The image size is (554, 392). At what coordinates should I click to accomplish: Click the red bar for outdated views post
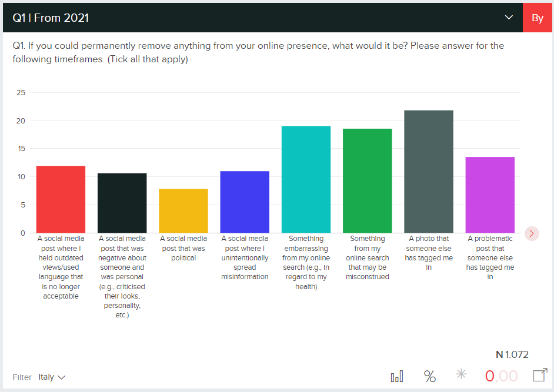(61, 199)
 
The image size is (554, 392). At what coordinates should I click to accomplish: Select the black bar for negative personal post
(122, 203)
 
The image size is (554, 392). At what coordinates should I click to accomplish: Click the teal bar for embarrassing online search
(306, 179)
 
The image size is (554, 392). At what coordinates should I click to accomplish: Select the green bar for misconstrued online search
(368, 180)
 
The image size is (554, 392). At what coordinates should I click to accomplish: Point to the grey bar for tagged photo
(429, 171)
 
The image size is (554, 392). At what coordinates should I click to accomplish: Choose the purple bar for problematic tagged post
(490, 195)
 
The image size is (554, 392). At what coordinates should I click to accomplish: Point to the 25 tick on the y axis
(21, 93)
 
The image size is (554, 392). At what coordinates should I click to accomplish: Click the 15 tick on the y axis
(21, 149)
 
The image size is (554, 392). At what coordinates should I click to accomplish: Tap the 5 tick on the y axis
(23, 205)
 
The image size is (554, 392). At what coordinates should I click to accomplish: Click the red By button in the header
(537, 18)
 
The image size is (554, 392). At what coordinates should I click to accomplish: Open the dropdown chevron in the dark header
(509, 18)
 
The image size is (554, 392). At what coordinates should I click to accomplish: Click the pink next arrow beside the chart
(532, 233)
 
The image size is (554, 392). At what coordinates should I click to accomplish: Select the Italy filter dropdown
(52, 377)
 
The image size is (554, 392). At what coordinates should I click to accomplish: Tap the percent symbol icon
(430, 376)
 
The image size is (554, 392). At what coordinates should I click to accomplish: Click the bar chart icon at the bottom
(397, 376)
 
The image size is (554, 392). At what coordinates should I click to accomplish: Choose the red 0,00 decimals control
(501, 376)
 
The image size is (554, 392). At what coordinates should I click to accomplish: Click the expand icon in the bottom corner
(539, 375)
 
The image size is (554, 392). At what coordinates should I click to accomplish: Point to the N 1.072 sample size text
(512, 354)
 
